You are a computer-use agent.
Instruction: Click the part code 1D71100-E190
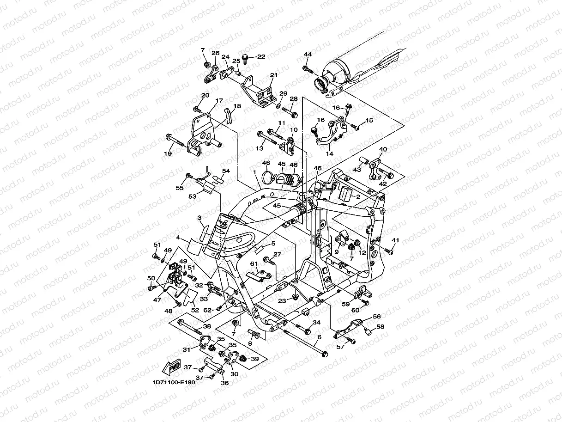point(174,383)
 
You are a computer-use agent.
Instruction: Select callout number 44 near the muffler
point(308,55)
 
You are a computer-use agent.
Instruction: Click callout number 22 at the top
point(261,56)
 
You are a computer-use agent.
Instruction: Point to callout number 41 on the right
point(395,240)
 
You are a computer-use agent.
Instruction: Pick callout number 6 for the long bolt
point(319,337)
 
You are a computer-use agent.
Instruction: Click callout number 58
point(380,326)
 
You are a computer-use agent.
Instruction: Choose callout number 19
point(168,154)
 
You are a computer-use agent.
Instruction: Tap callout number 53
point(192,196)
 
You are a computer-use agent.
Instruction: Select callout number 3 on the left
point(199,217)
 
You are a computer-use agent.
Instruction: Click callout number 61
point(254,263)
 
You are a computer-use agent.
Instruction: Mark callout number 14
point(329,153)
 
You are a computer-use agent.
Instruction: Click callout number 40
point(383,150)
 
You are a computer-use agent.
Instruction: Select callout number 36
point(225,382)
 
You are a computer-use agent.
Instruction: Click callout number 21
point(274,75)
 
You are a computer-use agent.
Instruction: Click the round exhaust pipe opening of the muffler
point(320,84)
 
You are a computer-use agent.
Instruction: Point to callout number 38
point(207,326)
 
